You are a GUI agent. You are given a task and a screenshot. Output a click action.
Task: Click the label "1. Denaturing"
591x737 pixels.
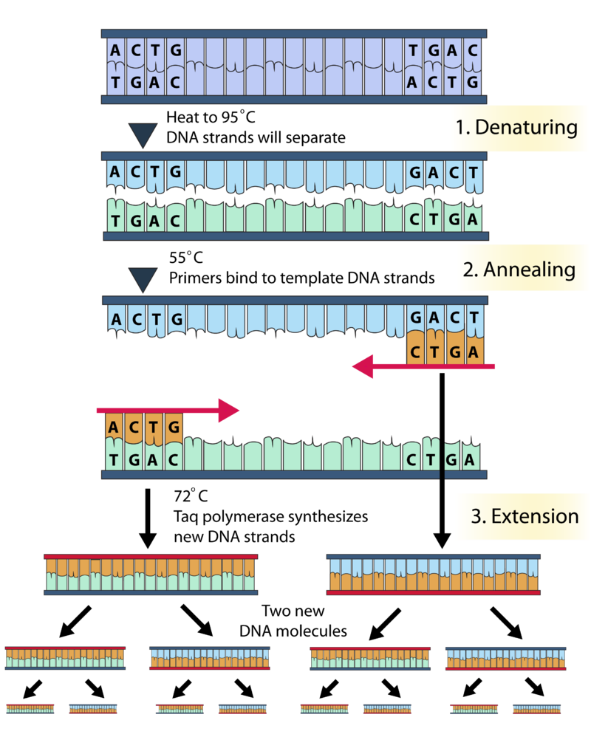516,127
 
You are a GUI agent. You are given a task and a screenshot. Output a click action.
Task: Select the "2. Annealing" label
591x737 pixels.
519,269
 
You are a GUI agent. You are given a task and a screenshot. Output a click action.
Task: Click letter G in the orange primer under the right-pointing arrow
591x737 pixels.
174,428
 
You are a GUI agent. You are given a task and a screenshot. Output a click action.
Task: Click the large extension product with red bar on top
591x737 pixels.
151,575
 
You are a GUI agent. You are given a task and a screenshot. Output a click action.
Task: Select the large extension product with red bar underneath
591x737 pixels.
434,575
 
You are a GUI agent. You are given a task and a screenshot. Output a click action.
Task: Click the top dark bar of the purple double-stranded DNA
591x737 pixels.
293,34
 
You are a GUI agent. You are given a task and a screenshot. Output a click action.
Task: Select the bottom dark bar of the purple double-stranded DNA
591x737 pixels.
293,99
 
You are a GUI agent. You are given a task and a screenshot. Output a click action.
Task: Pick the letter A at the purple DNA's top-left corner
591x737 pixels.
115,51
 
